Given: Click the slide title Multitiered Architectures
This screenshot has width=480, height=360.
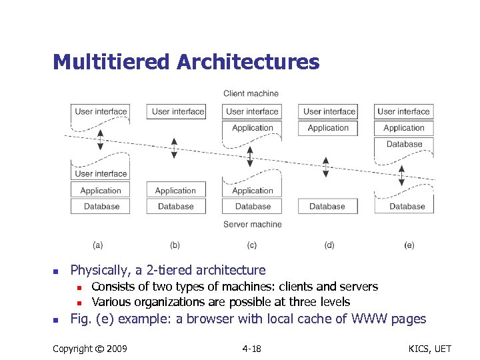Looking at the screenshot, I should pos(186,62).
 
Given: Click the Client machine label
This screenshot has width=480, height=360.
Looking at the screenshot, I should pos(251,93).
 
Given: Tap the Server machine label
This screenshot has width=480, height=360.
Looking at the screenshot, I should pos(252,225).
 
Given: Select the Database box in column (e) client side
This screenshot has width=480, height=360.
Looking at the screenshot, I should pos(404,144).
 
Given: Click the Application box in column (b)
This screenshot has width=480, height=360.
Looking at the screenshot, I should pos(175,191).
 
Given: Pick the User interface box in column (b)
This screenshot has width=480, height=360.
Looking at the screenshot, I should pos(176,111).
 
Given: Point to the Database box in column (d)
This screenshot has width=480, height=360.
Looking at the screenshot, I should pos(327,207).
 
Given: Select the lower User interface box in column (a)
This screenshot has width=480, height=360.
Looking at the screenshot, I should pos(101,174).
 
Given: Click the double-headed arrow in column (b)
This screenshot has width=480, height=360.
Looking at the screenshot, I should pos(175,148).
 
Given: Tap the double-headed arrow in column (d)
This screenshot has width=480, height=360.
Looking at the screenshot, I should pos(326,167).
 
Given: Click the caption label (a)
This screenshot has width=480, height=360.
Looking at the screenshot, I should pos(97,245).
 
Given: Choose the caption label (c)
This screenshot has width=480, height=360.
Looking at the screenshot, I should pos(252,245).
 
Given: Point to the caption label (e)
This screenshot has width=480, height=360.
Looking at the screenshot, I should pos(409,245).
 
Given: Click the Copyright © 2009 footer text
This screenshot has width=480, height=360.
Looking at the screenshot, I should pos(90,349).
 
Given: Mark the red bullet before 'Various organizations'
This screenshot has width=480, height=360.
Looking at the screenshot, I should pos(79,302).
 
